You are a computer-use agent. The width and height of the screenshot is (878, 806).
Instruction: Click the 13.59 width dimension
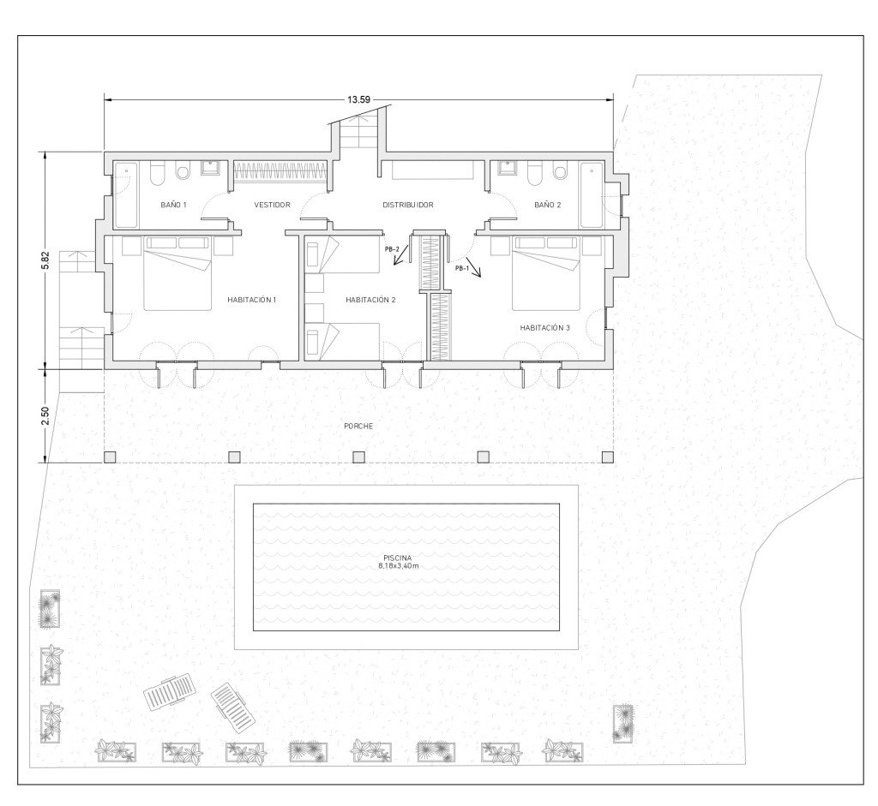pyautogui.click(x=359, y=100)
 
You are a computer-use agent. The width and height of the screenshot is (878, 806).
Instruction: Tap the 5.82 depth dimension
pyautogui.click(x=46, y=260)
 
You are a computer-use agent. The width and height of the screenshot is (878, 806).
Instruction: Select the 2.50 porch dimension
pyautogui.click(x=46, y=415)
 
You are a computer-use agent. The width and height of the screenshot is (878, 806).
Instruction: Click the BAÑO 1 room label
pyautogui.click(x=173, y=206)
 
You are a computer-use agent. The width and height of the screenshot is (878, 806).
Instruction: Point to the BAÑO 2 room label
pyautogui.click(x=548, y=206)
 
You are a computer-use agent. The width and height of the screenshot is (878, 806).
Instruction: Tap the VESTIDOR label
pyautogui.click(x=272, y=206)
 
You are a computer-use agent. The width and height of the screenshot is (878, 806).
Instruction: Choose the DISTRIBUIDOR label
pyautogui.click(x=407, y=206)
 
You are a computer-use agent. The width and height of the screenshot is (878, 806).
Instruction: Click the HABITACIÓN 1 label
pyautogui.click(x=252, y=301)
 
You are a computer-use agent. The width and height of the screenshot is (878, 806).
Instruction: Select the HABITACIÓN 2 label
pyautogui.click(x=370, y=301)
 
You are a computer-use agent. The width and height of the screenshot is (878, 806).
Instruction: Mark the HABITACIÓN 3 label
pyautogui.click(x=544, y=328)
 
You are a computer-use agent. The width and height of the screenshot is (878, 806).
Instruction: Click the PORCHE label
pyautogui.click(x=358, y=427)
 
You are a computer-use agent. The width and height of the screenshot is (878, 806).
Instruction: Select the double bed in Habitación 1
pyautogui.click(x=178, y=273)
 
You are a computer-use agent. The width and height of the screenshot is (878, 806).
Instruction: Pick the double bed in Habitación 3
pyautogui.click(x=546, y=273)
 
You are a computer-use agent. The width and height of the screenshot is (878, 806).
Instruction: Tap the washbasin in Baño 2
pyautogui.click(x=508, y=169)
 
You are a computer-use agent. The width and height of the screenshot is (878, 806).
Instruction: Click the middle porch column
pyautogui.click(x=359, y=457)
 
